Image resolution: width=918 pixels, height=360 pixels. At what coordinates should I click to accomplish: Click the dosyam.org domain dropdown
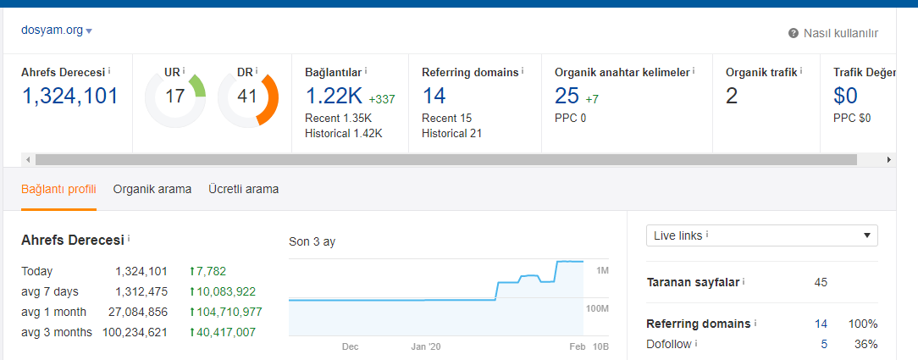pyautogui.click(x=56, y=30)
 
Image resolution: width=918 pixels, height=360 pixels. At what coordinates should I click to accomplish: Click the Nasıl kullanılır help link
pyautogui.click(x=833, y=33)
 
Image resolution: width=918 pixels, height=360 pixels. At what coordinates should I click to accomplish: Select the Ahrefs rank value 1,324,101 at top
pyautogui.click(x=69, y=96)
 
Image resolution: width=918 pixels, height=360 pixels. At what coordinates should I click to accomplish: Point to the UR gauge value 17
pyautogui.click(x=174, y=96)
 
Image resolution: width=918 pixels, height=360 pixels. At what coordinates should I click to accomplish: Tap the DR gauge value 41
pyautogui.click(x=247, y=96)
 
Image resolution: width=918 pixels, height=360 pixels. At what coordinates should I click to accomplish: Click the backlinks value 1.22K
pyautogui.click(x=334, y=96)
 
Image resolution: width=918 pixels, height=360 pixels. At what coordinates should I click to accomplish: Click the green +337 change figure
pyautogui.click(x=382, y=99)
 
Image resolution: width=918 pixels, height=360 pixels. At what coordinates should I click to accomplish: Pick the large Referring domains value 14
pyautogui.click(x=434, y=96)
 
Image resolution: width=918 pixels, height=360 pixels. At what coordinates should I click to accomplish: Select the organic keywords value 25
pyautogui.click(x=567, y=96)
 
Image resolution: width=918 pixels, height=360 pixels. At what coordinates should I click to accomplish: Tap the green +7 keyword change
pyautogui.click(x=592, y=99)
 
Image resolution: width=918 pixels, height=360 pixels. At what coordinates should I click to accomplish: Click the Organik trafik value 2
pyautogui.click(x=731, y=96)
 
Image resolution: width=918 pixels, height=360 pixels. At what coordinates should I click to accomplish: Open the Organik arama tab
pyautogui.click(x=152, y=189)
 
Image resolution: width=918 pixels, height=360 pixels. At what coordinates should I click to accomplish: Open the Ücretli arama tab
pyautogui.click(x=244, y=189)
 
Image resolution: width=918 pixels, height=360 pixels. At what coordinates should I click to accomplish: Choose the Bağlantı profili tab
pyautogui.click(x=58, y=189)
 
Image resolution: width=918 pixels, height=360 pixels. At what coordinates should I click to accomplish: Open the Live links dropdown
pyautogui.click(x=761, y=235)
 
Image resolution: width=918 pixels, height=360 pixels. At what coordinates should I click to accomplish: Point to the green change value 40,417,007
pyautogui.click(x=223, y=333)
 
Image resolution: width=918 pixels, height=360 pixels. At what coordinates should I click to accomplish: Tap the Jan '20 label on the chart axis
pyautogui.click(x=426, y=346)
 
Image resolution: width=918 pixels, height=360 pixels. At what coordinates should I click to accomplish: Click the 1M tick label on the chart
pyautogui.click(x=602, y=270)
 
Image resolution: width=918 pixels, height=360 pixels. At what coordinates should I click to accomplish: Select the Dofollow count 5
pyautogui.click(x=824, y=344)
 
